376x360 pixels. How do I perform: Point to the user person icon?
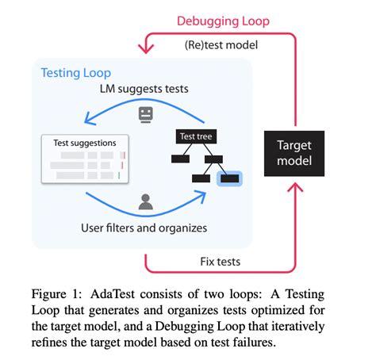click(x=145, y=202)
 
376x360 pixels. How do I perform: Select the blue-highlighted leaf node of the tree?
click(x=230, y=178)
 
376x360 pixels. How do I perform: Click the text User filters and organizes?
click(x=145, y=228)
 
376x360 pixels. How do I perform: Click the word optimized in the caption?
click(x=294, y=308)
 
